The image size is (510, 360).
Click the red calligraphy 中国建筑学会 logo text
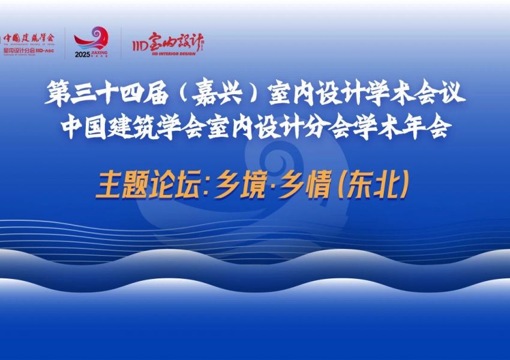tap(28, 37)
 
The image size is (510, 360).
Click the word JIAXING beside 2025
tap(100, 53)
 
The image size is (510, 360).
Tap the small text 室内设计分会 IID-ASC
tap(27, 51)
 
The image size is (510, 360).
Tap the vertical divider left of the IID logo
tap(122, 43)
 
